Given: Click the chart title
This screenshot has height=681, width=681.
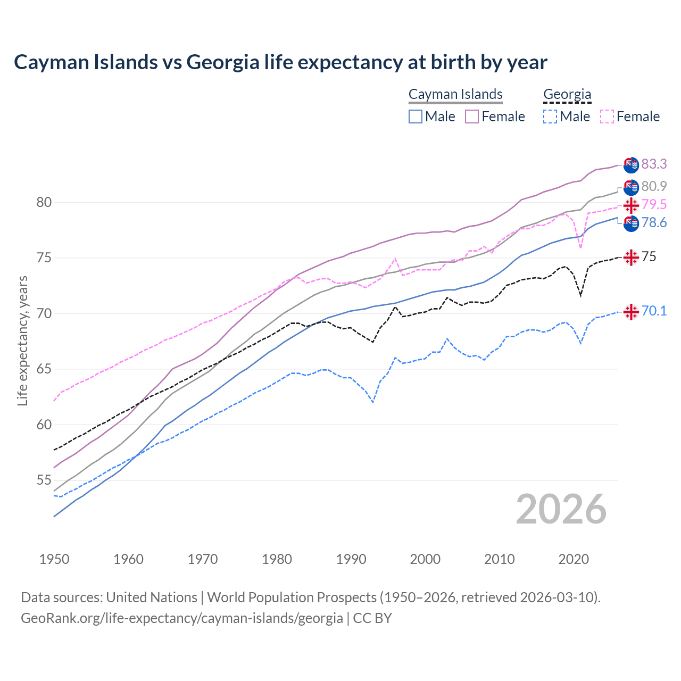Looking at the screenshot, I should tap(280, 62).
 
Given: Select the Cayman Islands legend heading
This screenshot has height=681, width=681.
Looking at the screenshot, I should tap(455, 94).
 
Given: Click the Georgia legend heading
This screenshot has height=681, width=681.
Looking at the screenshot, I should tap(567, 94).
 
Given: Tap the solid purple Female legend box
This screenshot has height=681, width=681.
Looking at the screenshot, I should tap(472, 117).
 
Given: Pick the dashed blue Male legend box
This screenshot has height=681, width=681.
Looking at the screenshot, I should tap(550, 117).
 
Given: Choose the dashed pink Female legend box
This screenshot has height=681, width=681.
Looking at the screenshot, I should tap(607, 117).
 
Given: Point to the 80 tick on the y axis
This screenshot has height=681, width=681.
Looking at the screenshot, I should tap(44, 202).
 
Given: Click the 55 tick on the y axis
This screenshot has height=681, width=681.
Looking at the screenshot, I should tap(44, 480).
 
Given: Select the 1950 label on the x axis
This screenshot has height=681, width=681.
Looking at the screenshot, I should tap(54, 559).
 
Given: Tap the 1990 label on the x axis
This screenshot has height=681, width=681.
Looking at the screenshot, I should tap(351, 559).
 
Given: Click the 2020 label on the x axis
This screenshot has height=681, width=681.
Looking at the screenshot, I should tap(574, 559).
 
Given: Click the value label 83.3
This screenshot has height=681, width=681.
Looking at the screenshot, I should tap(654, 164).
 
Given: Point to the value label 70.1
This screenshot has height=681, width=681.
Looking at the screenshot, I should tap(654, 311).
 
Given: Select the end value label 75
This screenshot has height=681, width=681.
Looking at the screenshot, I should tap(649, 257).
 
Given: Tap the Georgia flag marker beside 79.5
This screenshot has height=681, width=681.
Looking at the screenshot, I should tap(631, 205).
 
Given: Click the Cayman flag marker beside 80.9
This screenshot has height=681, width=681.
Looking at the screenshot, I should tap(631, 187).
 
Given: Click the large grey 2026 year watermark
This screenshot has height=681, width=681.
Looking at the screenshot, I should tap(561, 509).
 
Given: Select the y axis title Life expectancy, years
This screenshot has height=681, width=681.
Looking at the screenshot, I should tap(23, 340).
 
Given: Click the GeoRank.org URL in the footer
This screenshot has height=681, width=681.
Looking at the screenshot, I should tap(182, 618).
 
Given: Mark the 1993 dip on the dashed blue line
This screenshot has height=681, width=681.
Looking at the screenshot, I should tap(373, 402).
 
